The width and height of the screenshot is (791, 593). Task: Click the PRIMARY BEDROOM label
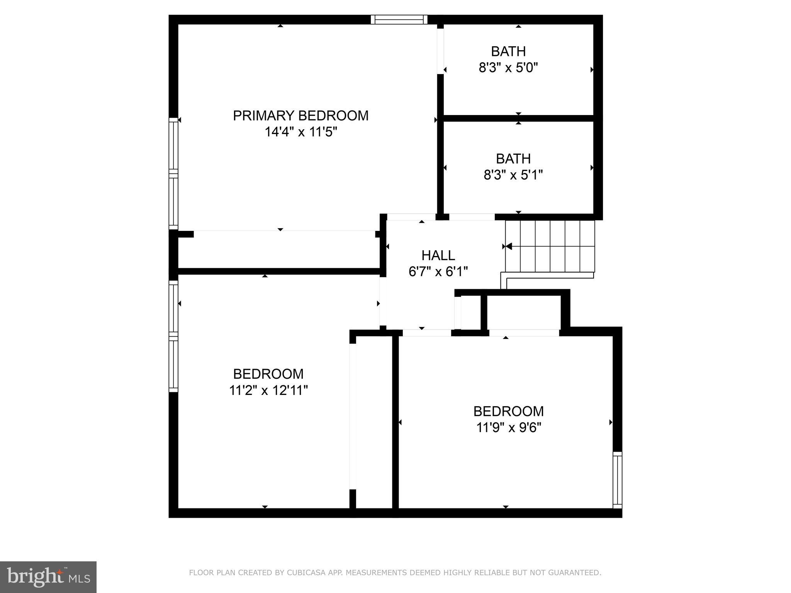[x=300, y=116]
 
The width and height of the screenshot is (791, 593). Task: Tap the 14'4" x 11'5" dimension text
[x=300, y=132]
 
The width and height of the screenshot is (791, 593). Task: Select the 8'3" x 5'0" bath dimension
[x=508, y=68]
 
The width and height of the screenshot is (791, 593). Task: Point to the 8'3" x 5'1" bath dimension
[x=513, y=175]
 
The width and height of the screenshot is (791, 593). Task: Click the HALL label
[x=438, y=255]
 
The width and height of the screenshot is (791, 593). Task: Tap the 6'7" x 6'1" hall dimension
[x=438, y=272]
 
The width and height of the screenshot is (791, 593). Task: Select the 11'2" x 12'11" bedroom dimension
[x=268, y=390]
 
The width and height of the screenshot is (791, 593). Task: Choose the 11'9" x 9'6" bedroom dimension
[x=508, y=428]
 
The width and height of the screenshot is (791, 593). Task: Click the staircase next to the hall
[x=550, y=246]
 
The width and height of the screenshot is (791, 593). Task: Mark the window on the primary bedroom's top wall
[x=399, y=20]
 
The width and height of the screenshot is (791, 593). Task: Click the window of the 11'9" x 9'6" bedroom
[x=618, y=480]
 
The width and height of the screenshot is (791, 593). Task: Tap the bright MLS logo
[x=48, y=577]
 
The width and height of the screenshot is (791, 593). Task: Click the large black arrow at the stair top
[x=509, y=246]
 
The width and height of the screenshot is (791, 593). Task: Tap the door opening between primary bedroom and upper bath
[x=440, y=51]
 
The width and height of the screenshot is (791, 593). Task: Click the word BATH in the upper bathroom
[x=508, y=51]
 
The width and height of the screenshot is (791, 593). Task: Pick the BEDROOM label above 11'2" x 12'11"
[x=268, y=374]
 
